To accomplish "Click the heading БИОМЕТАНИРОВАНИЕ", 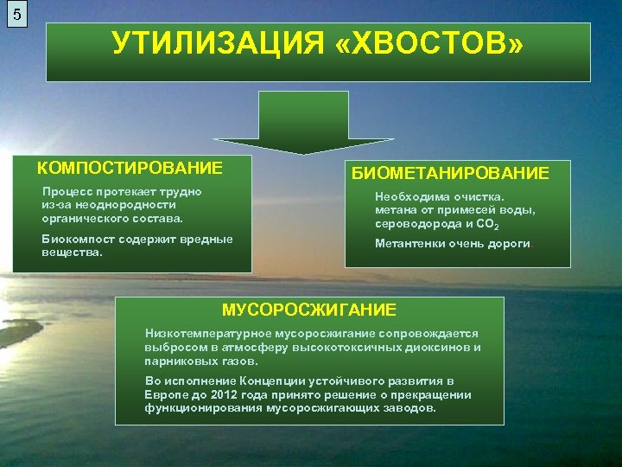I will [449, 173].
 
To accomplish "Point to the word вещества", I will [71, 253].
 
